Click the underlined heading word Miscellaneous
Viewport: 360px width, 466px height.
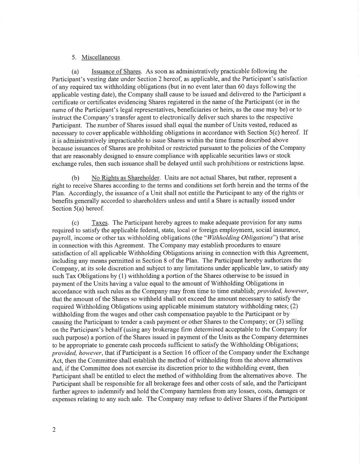tap(101, 57)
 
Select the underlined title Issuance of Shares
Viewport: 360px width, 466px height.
tap(116, 71)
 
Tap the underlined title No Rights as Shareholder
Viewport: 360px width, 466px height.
tap(126, 178)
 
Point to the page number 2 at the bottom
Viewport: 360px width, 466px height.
tap(54, 429)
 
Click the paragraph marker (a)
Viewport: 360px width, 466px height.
tap(75, 72)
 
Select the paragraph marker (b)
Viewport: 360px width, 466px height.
tap(75, 178)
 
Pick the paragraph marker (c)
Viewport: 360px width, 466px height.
tap(75, 223)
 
